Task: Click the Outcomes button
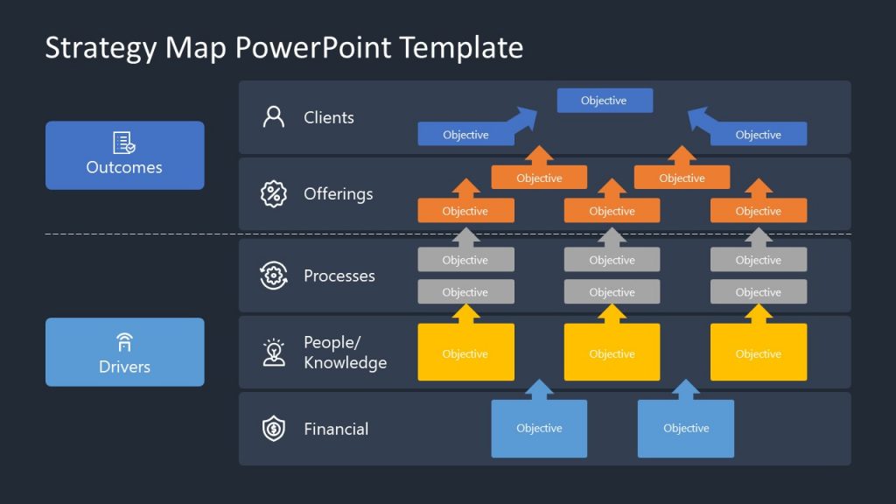click(124, 155)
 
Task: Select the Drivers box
click(124, 352)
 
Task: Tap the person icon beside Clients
click(274, 117)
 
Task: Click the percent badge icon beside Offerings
click(274, 193)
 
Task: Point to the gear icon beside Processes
click(274, 276)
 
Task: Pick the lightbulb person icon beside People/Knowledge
click(274, 352)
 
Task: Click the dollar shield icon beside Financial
click(274, 429)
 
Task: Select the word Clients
click(329, 117)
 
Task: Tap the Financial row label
click(336, 429)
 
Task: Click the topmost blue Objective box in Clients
click(605, 101)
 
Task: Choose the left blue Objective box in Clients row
click(465, 135)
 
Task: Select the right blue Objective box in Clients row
click(758, 135)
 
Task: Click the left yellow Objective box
click(465, 353)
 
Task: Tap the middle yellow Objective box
click(612, 353)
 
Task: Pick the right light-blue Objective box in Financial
click(685, 428)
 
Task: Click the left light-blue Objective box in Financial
click(539, 428)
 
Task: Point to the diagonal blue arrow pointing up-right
click(525, 120)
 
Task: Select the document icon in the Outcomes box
click(124, 143)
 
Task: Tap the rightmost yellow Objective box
click(758, 353)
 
